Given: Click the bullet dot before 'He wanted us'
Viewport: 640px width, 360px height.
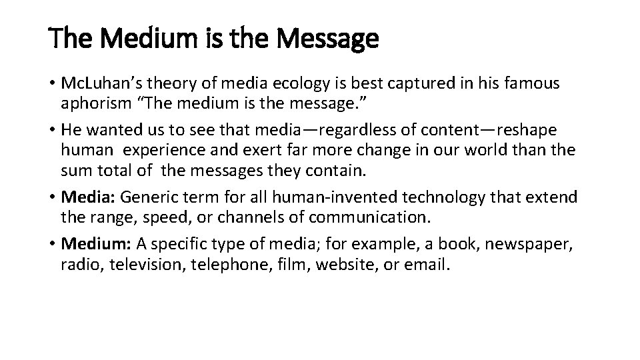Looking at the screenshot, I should click(x=53, y=129).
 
